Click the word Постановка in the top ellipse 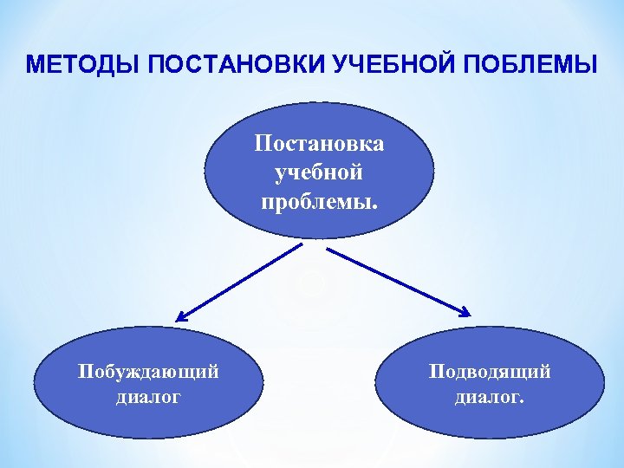[319, 143]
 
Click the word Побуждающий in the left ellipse [148, 373]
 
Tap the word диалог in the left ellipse [148, 398]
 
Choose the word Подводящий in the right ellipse [490, 373]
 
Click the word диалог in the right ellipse [487, 398]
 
